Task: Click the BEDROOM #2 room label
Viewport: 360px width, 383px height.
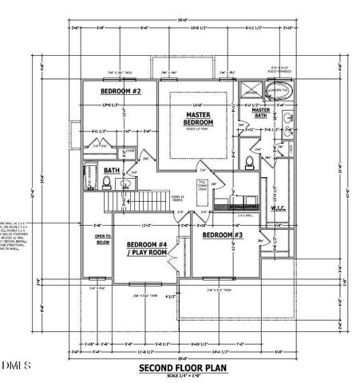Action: (x=121, y=91)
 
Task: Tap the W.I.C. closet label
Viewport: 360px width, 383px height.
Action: (x=278, y=210)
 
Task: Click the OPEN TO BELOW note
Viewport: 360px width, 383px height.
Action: (x=102, y=240)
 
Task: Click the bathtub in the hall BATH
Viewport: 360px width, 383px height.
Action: (x=89, y=176)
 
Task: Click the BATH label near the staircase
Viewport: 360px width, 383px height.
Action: (x=111, y=169)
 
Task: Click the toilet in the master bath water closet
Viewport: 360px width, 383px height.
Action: (x=251, y=162)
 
